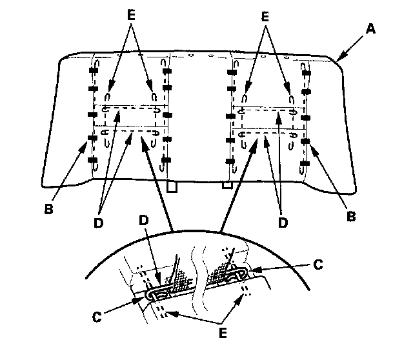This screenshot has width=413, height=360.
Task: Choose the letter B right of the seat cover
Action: coord(351,217)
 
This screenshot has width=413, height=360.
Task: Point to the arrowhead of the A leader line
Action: coord(337,59)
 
